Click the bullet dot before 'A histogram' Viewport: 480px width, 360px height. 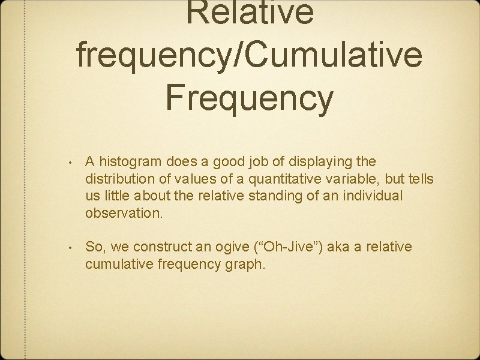click(x=70, y=162)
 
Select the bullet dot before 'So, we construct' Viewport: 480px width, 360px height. click(x=70, y=247)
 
